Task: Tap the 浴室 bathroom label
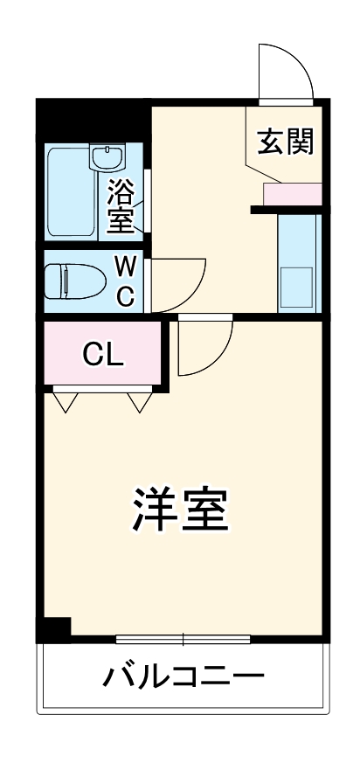coord(121,206)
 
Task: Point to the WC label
coord(125,279)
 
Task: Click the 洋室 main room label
coord(180,510)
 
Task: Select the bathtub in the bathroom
coord(70,193)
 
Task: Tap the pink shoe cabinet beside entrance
coord(293,194)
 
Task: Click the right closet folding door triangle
coord(139,401)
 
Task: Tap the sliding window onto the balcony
coord(183,638)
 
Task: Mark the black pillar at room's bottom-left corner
coord(56,628)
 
